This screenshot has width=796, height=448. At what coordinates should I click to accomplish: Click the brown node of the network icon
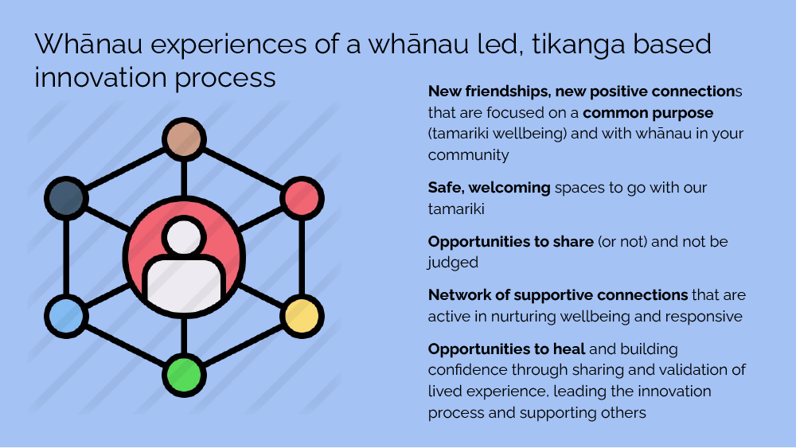tap(184, 140)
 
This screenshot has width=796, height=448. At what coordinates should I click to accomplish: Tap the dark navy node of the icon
tap(65, 197)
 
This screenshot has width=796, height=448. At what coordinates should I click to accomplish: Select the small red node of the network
tap(302, 197)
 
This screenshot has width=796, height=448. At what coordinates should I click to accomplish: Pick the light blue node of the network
tap(65, 314)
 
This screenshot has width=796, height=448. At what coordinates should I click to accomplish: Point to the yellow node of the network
tap(302, 314)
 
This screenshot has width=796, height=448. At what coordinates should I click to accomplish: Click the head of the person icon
tap(184, 236)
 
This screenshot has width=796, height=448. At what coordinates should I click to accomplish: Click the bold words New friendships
tap(479, 92)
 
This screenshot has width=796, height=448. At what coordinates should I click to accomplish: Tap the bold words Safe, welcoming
tap(489, 188)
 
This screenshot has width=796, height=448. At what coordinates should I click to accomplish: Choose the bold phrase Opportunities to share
tap(510, 241)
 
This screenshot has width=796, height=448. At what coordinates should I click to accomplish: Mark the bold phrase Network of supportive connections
tap(557, 295)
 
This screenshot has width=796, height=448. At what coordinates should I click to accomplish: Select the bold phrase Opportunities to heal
tap(506, 349)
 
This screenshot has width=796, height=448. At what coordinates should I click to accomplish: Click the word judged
tap(451, 263)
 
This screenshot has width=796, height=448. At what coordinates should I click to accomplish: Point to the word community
tap(468, 155)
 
